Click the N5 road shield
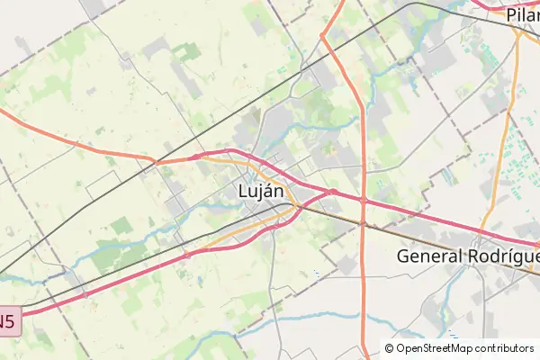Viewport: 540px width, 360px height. pos(7,321)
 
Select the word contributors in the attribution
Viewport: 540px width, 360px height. pos(503,348)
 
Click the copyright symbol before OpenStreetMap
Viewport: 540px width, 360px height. pos(390,348)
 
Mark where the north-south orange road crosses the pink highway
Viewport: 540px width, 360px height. pos(363,200)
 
